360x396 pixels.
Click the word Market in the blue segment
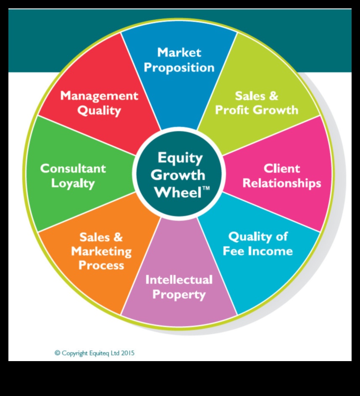click(x=179, y=53)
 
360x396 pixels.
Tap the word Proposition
click(x=179, y=68)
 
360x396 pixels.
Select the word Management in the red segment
click(x=99, y=96)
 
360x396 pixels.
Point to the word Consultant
click(x=73, y=169)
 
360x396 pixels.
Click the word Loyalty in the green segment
click(x=73, y=184)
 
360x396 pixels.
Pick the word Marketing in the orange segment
click(x=101, y=251)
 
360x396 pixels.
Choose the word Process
click(x=101, y=266)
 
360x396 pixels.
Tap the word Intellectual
click(x=179, y=280)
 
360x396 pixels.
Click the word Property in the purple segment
click(x=179, y=294)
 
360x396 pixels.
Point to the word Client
click(x=282, y=169)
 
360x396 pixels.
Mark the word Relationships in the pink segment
click(x=282, y=184)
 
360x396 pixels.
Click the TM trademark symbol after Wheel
click(x=206, y=189)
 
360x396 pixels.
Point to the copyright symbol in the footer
click(x=58, y=353)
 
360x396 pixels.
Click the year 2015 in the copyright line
click(x=128, y=353)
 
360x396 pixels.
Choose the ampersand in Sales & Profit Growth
click(x=273, y=96)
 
